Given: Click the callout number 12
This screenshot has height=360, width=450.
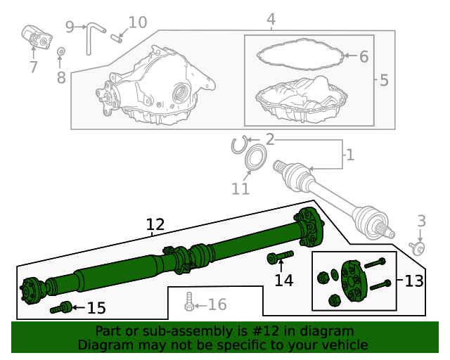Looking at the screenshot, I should [155, 225].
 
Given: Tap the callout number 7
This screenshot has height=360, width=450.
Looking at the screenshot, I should [33, 67].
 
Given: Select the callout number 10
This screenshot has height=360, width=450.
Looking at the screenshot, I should [138, 22].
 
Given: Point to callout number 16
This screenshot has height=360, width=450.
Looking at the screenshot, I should [217, 304].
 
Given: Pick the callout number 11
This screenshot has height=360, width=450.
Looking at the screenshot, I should [240, 188].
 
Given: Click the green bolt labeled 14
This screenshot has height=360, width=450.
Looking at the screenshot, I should [280, 258].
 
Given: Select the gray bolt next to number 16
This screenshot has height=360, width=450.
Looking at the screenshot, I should [188, 302].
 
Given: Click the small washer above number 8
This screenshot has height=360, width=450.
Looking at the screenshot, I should [60, 51].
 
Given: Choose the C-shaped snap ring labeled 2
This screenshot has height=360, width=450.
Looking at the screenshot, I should [239, 145].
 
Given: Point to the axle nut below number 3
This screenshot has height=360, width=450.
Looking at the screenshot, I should [418, 247].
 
